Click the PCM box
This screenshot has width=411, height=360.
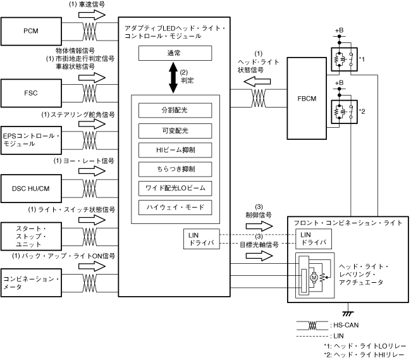(x=30, y=30)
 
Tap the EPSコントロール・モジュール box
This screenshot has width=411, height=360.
(x=30, y=139)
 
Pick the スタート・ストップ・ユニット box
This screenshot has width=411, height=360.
(x=30, y=235)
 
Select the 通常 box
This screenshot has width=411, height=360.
(x=175, y=54)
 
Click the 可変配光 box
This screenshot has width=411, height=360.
(x=175, y=130)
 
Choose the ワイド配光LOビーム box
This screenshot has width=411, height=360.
(x=175, y=188)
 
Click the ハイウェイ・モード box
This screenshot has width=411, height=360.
(x=175, y=208)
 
